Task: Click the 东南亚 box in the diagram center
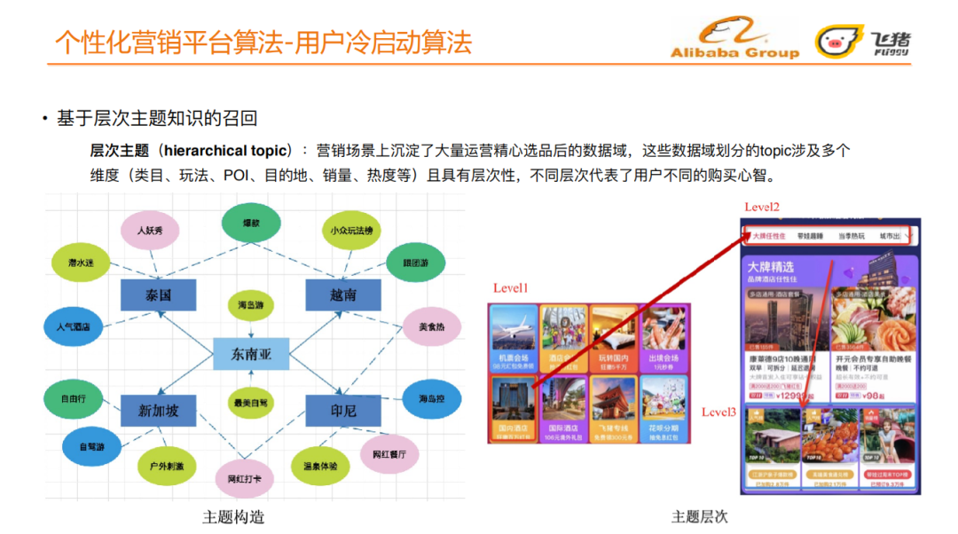point(252,354)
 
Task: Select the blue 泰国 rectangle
point(158,294)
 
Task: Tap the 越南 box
point(343,294)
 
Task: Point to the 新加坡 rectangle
point(158,411)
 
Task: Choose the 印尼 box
point(343,411)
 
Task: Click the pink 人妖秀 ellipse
point(150,231)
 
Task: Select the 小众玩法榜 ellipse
point(351,231)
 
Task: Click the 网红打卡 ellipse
point(245,479)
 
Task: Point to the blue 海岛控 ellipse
point(432,399)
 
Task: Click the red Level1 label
point(510,288)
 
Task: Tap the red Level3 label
point(718,412)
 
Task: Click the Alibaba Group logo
point(734,41)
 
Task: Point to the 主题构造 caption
point(234,517)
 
